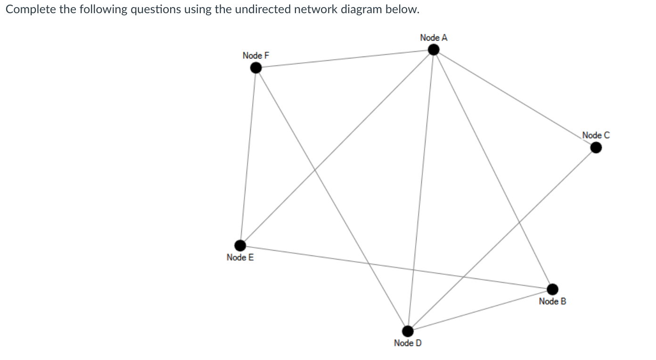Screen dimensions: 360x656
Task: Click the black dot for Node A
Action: point(434,49)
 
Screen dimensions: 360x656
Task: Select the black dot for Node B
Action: point(552,288)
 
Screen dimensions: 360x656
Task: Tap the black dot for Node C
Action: point(596,148)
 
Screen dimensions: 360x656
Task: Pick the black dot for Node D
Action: point(408,331)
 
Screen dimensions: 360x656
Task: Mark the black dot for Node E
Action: point(240,245)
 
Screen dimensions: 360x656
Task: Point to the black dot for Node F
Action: point(255,68)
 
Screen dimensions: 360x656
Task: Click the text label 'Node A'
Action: point(434,38)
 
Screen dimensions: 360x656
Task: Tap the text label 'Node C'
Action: point(596,136)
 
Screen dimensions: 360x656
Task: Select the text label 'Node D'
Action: point(408,343)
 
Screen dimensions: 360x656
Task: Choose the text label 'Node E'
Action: point(240,257)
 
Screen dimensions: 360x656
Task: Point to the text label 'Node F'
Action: point(256,56)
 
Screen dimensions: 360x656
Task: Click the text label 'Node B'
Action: point(552,301)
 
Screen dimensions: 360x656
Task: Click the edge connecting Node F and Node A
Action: point(344,59)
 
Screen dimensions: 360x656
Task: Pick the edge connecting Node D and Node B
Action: point(480,310)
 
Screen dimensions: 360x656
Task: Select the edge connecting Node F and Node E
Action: point(248,156)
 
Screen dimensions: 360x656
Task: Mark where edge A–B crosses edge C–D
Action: point(519,221)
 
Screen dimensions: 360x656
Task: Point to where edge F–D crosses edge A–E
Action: point(315,171)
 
